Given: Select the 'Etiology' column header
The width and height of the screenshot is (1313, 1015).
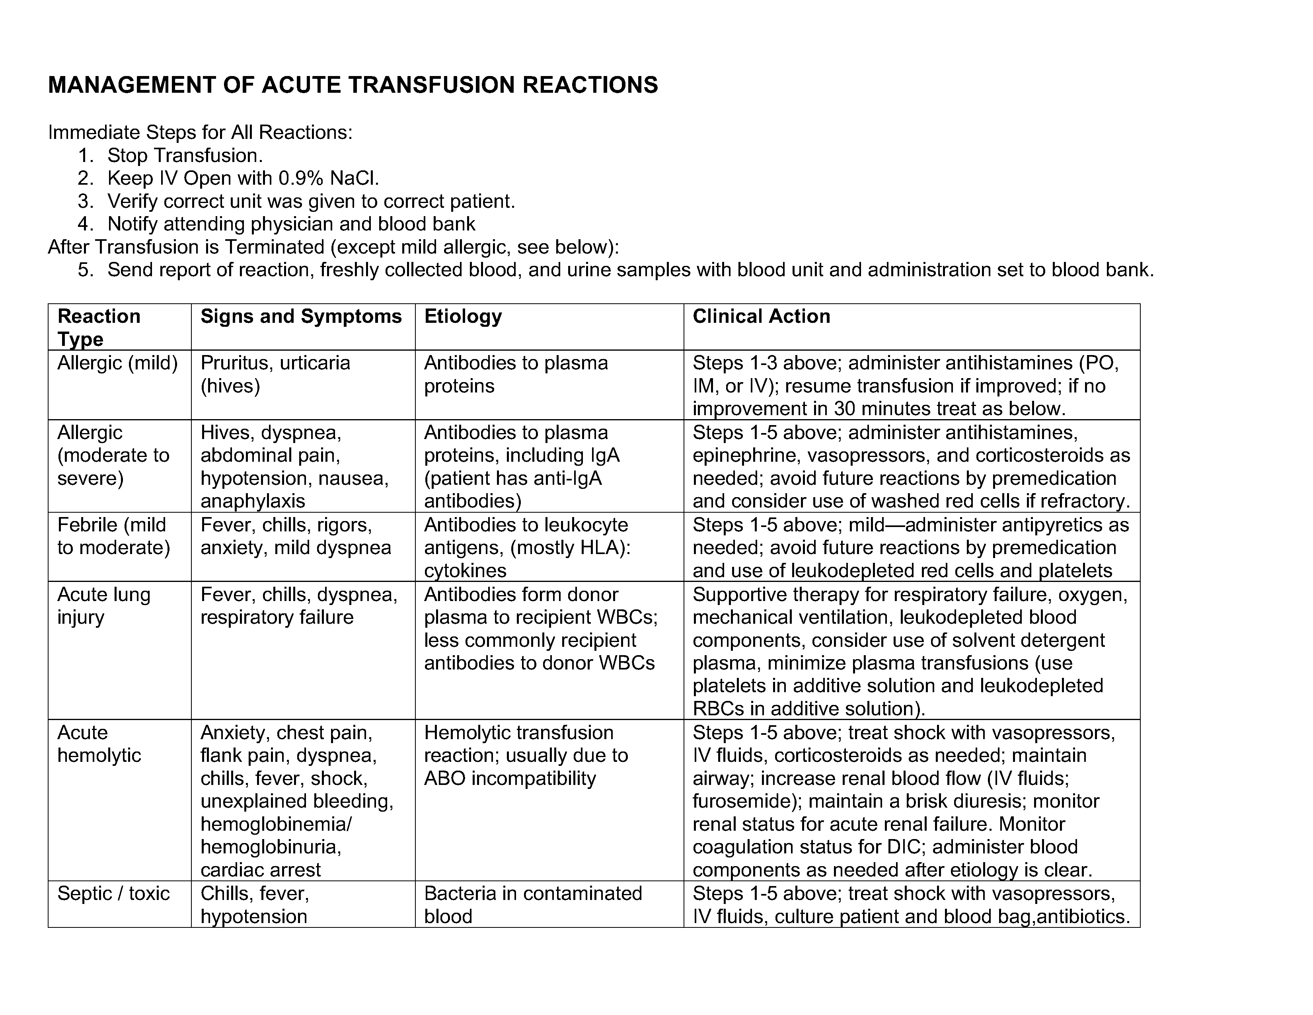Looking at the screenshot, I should tap(463, 316).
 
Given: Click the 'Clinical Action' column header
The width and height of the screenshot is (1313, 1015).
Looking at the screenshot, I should tap(761, 316).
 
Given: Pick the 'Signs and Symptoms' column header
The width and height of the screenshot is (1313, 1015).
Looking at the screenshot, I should tap(300, 316).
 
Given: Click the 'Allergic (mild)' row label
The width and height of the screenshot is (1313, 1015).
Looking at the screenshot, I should tap(118, 363).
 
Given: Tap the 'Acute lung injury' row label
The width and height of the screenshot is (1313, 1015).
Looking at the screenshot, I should tap(103, 605).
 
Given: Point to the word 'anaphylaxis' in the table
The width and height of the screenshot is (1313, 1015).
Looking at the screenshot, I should tap(253, 501).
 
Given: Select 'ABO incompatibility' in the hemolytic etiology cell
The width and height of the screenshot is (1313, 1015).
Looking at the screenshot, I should tap(510, 779).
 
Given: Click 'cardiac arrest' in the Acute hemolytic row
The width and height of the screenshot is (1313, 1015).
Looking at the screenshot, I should tap(260, 870).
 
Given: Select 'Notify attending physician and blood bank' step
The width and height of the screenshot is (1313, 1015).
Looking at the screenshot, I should tap(291, 224).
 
